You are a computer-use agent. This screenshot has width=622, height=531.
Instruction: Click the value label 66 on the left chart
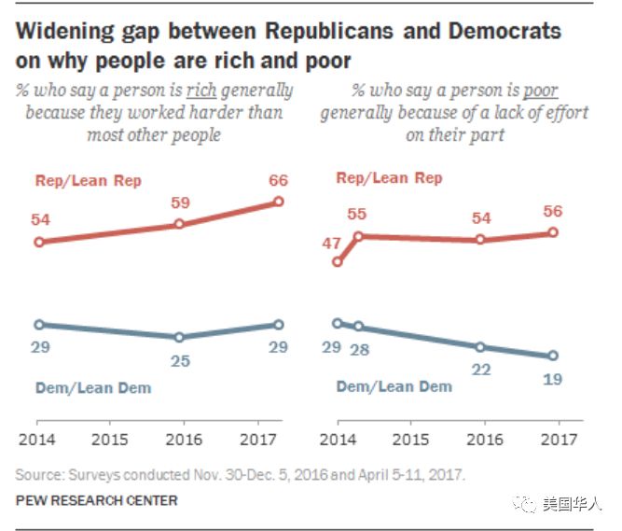[278, 181]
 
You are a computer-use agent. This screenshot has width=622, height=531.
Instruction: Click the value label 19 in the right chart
[553, 379]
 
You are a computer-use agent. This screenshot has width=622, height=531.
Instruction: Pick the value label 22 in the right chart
[480, 369]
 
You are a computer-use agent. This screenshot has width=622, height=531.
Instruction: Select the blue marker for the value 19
[553, 356]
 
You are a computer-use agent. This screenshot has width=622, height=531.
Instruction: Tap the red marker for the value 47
[338, 262]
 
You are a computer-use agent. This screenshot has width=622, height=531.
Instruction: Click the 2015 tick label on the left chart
[110, 439]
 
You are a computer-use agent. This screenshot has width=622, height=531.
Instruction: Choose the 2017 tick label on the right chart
[557, 439]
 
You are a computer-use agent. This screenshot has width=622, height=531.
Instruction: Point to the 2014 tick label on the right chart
[338, 439]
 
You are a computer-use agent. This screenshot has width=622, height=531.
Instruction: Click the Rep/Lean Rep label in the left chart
[89, 179]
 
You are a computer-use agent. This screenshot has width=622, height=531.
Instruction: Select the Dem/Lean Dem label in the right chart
[394, 386]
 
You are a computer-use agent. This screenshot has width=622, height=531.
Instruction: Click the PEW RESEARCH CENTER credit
[97, 501]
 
